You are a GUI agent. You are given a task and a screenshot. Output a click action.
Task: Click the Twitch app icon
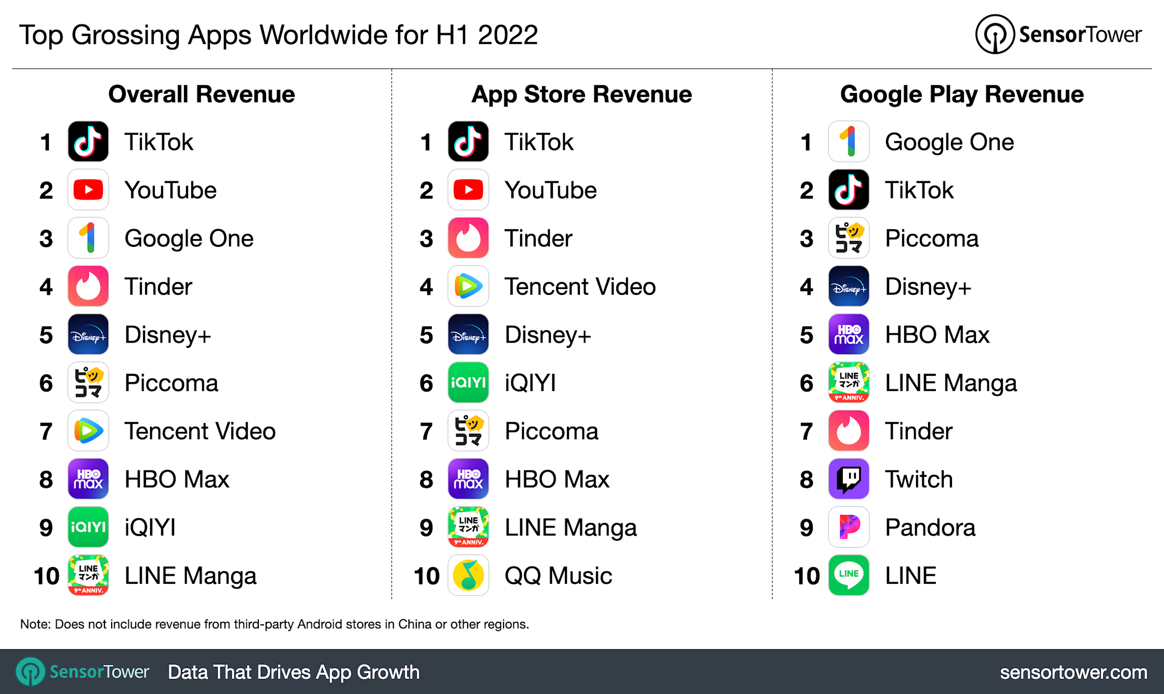click(x=848, y=479)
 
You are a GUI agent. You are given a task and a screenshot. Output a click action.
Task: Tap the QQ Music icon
click(x=468, y=575)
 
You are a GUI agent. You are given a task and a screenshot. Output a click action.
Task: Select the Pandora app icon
click(x=848, y=527)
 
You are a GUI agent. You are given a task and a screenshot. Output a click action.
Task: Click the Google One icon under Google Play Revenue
click(x=848, y=141)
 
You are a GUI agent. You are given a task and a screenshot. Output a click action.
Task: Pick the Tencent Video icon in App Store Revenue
click(x=468, y=286)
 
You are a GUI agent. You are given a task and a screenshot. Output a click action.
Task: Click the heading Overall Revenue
click(x=201, y=94)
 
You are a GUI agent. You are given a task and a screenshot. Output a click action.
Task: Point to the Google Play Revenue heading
click(x=961, y=94)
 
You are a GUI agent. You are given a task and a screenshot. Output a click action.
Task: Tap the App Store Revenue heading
click(x=581, y=94)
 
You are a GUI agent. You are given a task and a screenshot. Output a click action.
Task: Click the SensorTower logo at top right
click(x=1057, y=34)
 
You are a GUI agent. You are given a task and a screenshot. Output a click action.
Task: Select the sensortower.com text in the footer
click(x=1073, y=672)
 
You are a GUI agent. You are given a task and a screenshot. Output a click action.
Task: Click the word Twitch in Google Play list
click(x=918, y=479)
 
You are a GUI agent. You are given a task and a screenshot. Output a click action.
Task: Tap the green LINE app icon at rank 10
click(x=848, y=575)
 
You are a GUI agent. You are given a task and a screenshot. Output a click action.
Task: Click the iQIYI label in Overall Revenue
click(x=150, y=527)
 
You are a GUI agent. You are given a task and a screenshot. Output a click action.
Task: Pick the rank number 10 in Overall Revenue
click(x=46, y=576)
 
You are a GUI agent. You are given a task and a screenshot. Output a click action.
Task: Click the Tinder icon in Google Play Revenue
click(x=848, y=430)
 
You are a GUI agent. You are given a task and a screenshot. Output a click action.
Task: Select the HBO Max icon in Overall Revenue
click(x=88, y=479)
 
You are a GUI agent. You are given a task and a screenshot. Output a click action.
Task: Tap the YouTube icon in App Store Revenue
click(x=468, y=190)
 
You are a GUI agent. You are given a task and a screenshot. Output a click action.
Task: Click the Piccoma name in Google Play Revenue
click(x=931, y=239)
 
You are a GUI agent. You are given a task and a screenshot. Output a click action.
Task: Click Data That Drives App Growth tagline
click(x=293, y=672)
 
